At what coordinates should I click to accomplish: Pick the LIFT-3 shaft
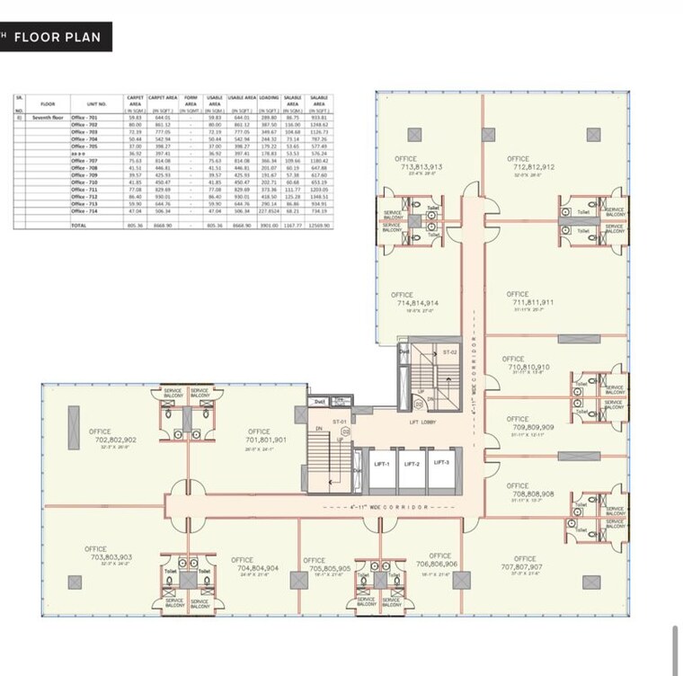pos(440,466)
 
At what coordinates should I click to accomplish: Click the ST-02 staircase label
pos(450,351)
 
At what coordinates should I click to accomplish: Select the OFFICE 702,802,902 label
pos(112,436)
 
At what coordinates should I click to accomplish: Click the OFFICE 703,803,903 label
pos(109,553)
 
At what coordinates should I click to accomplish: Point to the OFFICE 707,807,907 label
pos(521,563)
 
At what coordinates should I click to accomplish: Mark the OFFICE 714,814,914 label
pos(414,299)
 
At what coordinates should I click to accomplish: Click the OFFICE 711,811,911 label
pos(529,298)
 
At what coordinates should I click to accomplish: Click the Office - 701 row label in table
pos(84,117)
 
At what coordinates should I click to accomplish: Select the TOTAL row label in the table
pos(79,225)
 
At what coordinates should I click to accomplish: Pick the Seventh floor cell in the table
pos(49,117)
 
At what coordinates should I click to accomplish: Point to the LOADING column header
pos(269,99)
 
